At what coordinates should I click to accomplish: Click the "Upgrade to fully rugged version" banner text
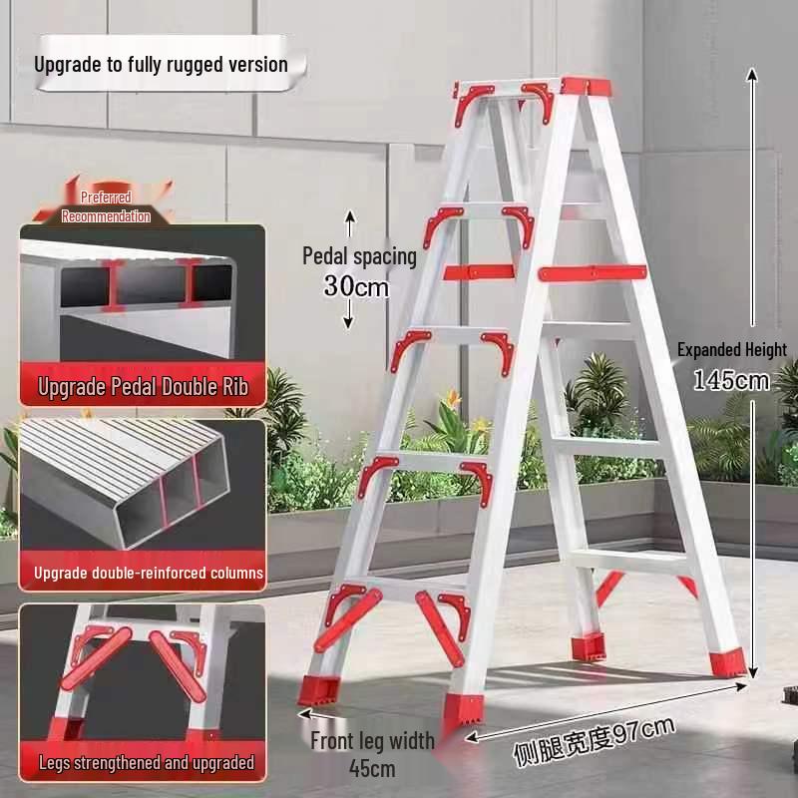pyautogui.click(x=161, y=65)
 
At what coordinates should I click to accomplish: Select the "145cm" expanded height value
pyautogui.click(x=731, y=380)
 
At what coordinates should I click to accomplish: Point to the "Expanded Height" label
pyautogui.click(x=731, y=350)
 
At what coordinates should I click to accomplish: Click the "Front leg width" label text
pyautogui.click(x=372, y=741)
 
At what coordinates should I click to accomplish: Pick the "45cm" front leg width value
pyautogui.click(x=373, y=768)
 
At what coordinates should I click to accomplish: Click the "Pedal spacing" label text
pyautogui.click(x=359, y=256)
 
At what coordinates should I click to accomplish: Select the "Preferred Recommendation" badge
pyautogui.click(x=106, y=207)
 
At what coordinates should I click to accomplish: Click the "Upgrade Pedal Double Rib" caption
pyautogui.click(x=143, y=387)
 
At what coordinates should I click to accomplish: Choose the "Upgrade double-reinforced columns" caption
pyautogui.click(x=149, y=574)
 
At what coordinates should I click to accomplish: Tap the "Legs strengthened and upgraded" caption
pyautogui.click(x=147, y=764)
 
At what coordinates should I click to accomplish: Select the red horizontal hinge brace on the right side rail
pyautogui.click(x=593, y=272)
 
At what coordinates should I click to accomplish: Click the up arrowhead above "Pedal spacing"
pyautogui.click(x=350, y=216)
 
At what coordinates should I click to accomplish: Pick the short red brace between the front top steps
pyautogui.click(x=478, y=271)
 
